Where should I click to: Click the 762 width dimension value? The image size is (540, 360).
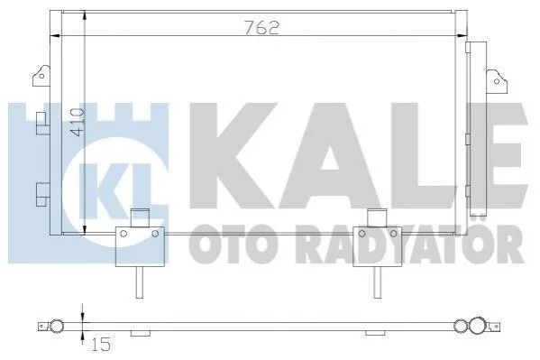click(261, 27)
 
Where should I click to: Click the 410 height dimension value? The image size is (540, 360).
click(77, 122)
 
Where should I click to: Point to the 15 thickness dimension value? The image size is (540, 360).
click(101, 344)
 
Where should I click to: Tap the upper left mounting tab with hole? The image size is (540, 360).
click(41, 75)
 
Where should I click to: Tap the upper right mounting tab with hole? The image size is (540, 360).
click(496, 80)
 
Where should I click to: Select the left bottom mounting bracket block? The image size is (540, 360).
click(140, 246)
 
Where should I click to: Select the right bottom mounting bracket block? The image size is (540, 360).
click(378, 246)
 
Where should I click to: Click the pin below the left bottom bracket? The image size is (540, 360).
click(140, 282)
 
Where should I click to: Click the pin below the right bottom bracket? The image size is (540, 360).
click(378, 282)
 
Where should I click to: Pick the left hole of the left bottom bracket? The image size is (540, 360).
click(124, 234)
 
